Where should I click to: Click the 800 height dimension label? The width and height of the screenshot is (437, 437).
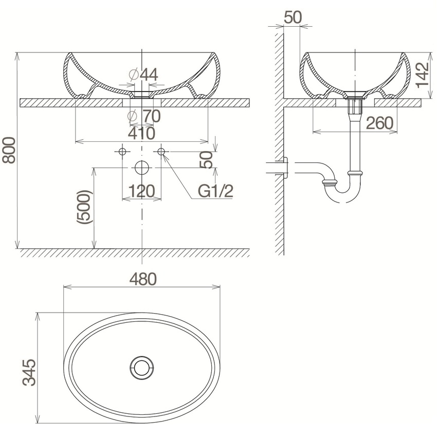[9, 150]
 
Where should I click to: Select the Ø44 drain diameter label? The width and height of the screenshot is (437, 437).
[143, 75]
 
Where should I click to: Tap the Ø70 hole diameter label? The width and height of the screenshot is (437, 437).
[144, 116]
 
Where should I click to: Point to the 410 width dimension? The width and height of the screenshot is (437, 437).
[141, 133]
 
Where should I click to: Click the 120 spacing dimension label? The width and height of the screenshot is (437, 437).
[141, 191]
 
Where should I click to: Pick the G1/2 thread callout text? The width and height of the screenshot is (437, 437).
[215, 191]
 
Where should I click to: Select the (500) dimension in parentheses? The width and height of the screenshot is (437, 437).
[84, 207]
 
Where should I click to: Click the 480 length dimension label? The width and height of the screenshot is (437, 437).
[143, 279]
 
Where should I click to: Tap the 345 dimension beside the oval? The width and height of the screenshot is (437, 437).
[29, 372]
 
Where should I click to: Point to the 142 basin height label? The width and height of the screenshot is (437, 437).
[423, 75]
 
